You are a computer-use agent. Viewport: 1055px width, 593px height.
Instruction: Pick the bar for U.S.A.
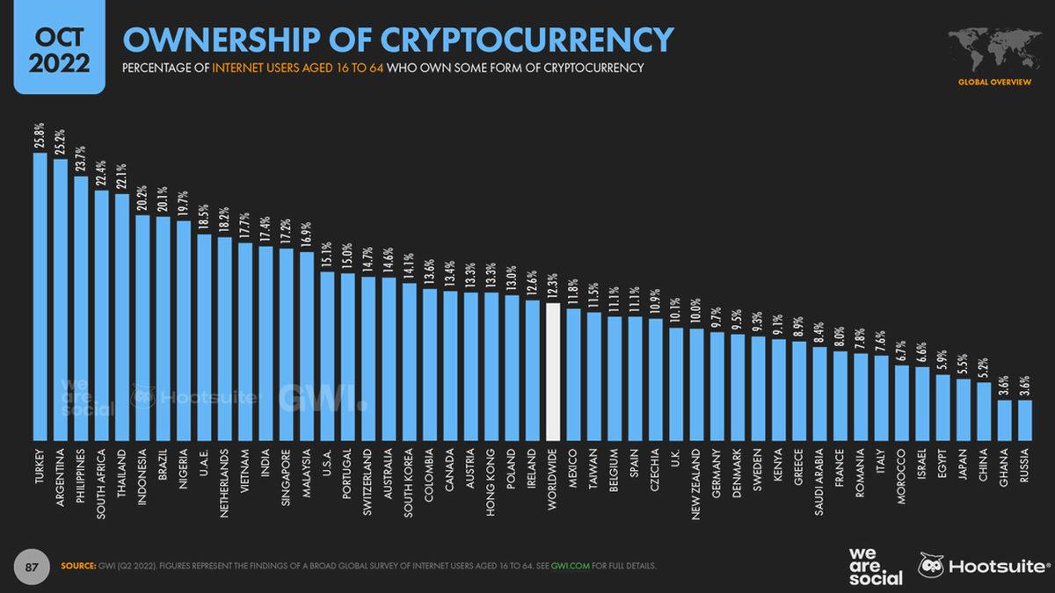327,355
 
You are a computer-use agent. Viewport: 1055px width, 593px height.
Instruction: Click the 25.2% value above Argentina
60,141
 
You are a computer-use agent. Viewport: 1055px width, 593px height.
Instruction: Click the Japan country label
964,470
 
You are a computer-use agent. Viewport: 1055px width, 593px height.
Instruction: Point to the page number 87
32,566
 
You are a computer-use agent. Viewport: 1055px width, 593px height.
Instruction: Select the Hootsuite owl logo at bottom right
932,565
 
